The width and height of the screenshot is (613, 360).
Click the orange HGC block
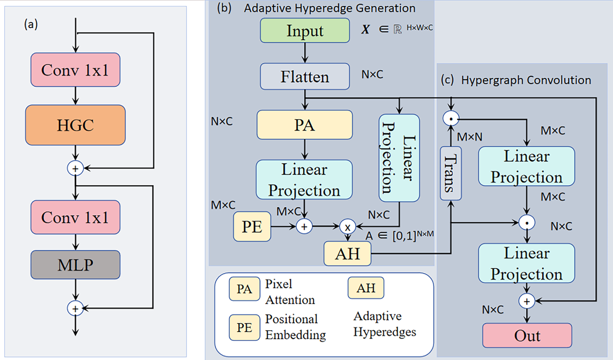75,125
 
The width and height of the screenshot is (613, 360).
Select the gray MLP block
75,265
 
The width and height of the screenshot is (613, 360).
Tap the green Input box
305,31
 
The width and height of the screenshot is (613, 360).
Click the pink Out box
527,335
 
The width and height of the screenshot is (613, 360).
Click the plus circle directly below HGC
75,168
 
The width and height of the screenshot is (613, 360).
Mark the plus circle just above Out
527,301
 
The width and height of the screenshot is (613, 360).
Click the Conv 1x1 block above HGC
75,70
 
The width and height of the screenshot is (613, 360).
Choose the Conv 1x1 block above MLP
75,217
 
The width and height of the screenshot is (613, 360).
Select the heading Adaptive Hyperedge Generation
329,8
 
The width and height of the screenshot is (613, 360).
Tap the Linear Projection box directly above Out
526,263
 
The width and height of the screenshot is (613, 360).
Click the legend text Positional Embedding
295,327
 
